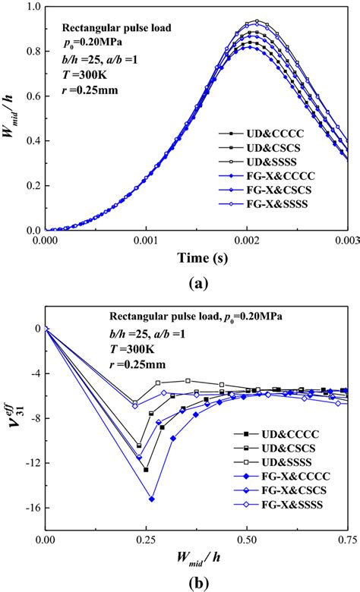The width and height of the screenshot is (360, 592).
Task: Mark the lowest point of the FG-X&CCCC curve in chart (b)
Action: coord(152,499)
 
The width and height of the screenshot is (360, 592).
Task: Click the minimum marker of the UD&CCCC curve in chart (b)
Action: coord(146,470)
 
